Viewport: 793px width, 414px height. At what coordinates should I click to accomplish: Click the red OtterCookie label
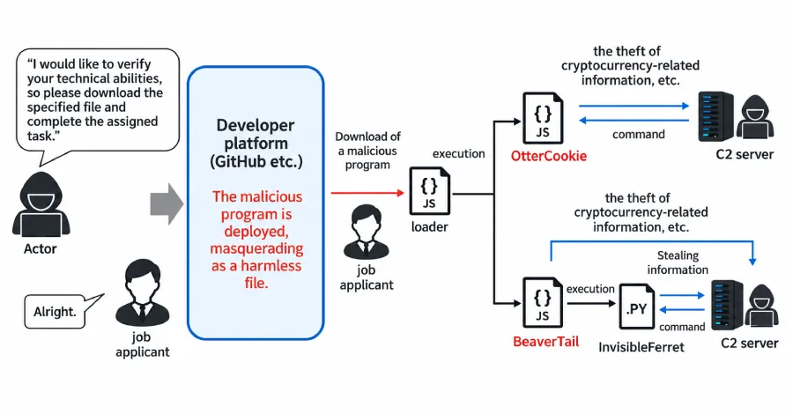coord(549,156)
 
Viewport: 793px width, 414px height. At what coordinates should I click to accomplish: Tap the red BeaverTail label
coord(545,342)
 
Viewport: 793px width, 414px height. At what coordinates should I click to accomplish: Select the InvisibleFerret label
coord(641,347)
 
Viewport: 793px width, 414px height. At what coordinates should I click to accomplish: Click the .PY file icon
coord(637,307)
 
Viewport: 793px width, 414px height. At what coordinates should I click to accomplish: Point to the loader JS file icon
coord(429,190)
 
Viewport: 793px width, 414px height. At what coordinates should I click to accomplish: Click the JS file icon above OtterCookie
coord(543,118)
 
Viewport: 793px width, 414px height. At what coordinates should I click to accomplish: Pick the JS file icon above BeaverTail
coord(543,302)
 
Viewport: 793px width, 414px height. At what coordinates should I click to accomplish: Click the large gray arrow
coord(167,203)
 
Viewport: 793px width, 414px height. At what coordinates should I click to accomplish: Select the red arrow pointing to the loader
coord(367,193)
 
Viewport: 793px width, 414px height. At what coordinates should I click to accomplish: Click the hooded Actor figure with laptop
coord(41,204)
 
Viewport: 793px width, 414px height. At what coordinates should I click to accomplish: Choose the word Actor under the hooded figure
coord(40,248)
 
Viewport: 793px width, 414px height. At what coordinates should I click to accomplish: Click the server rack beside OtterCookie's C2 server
coord(715,116)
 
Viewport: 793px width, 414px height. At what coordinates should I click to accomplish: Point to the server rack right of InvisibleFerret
coord(727,305)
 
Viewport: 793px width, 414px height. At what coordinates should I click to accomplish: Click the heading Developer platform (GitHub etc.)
coord(256,143)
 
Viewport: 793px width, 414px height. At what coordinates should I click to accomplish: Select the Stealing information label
coord(678,262)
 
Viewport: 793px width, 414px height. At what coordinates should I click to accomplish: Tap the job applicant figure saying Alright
coord(142,292)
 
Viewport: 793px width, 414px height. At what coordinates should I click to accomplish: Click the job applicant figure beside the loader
coord(367,232)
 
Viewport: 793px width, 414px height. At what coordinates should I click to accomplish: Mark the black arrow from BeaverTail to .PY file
coord(590,303)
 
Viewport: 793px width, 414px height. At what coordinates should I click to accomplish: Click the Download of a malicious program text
coord(367,151)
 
